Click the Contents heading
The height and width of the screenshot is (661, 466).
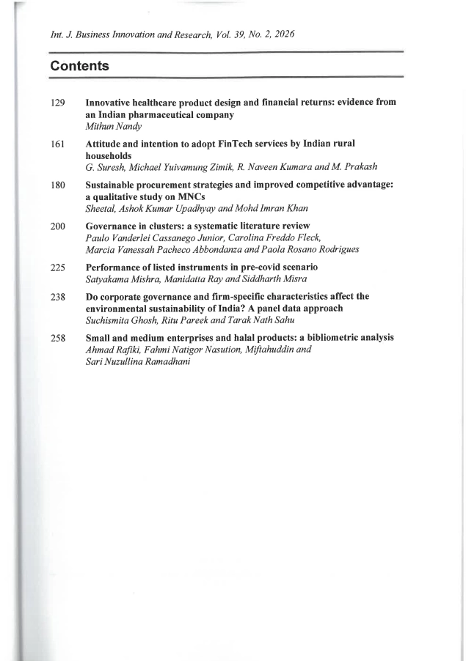(x=79, y=66)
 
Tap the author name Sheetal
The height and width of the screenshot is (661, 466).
(x=101, y=209)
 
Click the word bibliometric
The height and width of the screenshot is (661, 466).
(x=330, y=338)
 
